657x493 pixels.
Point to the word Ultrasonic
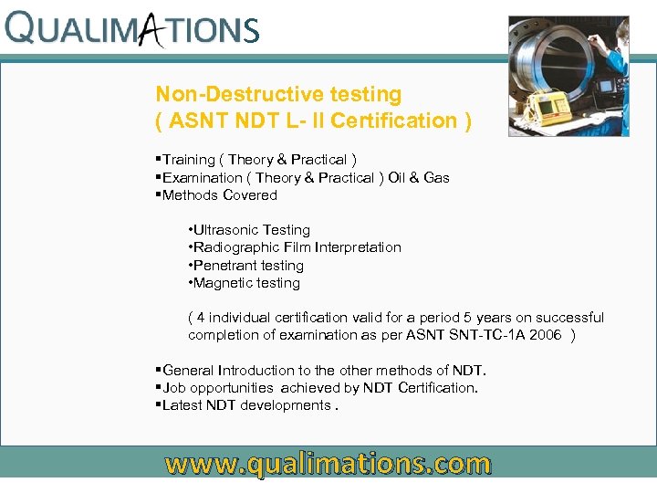pyautogui.click(x=226, y=230)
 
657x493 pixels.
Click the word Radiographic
pyautogui.click(x=235, y=247)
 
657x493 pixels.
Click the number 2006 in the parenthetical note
pyautogui.click(x=543, y=335)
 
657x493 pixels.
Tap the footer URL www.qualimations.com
pyautogui.click(x=328, y=464)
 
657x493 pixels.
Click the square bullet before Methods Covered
pyautogui.click(x=158, y=195)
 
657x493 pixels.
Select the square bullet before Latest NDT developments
pyautogui.click(x=158, y=405)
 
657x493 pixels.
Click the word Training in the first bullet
pyautogui.click(x=189, y=160)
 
